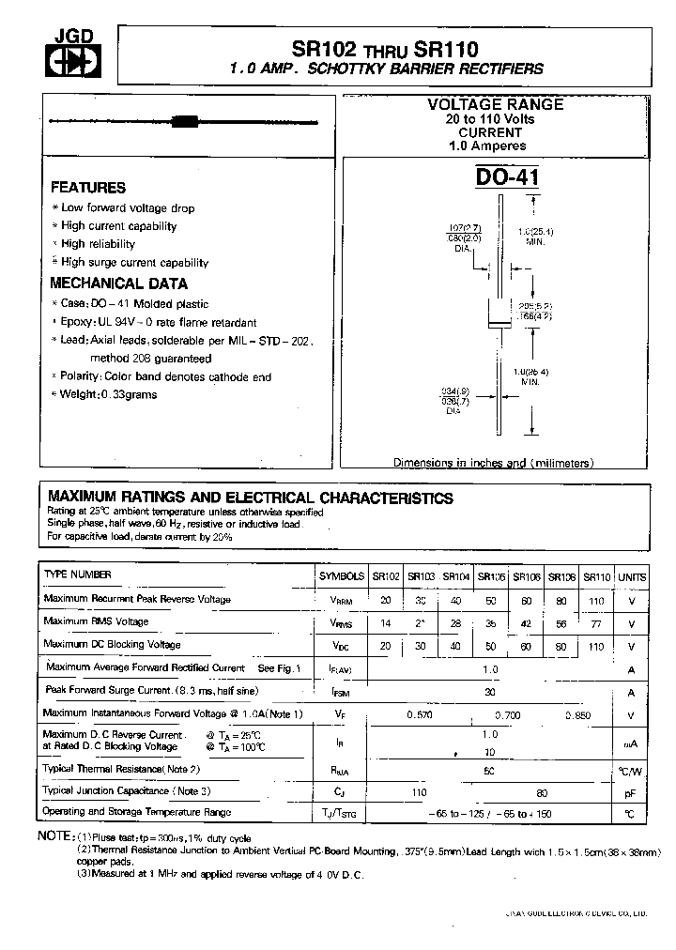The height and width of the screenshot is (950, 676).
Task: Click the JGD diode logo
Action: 58,57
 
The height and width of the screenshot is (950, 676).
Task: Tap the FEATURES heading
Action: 87,188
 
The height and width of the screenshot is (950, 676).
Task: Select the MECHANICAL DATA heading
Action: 118,283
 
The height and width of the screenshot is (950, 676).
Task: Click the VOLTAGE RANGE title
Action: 496,105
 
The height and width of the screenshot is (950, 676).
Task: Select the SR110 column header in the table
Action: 596,576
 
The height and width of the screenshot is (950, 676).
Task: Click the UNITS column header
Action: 632,576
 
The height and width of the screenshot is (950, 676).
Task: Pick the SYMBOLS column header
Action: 343,576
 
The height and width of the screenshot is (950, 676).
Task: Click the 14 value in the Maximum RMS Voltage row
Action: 386,623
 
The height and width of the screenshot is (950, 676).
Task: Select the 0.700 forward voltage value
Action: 508,715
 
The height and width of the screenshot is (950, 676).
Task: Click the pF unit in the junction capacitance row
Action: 631,792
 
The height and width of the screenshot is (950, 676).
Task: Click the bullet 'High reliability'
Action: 98,244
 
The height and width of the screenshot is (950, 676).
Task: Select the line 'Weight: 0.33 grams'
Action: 109,394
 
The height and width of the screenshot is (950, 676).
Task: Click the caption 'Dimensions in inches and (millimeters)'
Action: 492,464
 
